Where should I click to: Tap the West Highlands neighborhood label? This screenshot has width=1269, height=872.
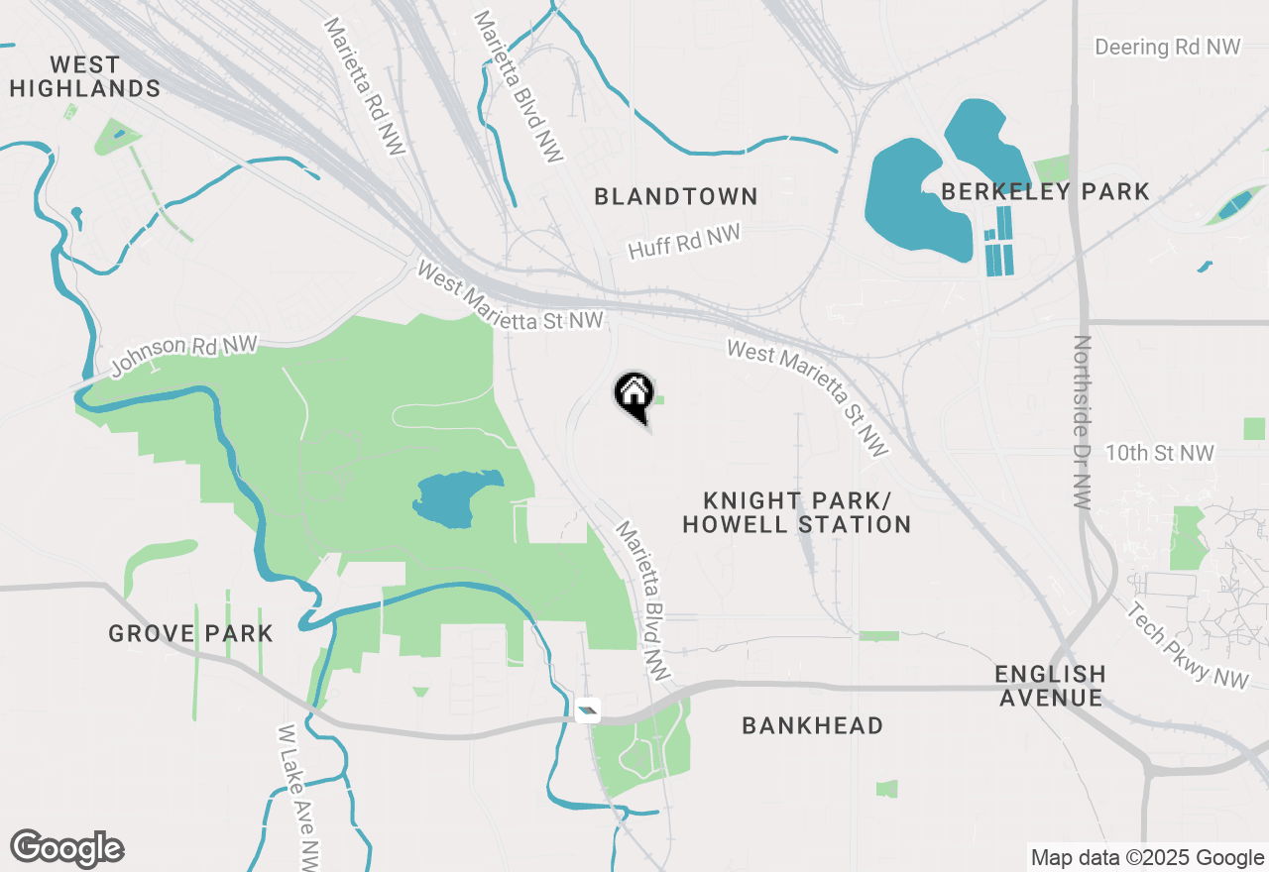coord(85,77)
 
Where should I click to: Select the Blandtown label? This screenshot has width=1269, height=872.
coord(676,197)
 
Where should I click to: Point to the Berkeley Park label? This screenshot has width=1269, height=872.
coord(1045,192)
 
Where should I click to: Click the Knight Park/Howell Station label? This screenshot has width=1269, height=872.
coord(797,512)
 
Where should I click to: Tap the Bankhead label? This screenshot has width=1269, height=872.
coord(812,726)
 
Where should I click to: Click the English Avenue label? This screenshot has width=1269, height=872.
coord(1050,686)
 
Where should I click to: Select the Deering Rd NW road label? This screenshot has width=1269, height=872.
coord(1168,48)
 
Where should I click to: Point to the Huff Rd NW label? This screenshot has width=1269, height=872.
coord(685,241)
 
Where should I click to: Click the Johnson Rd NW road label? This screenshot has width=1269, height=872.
coord(183,356)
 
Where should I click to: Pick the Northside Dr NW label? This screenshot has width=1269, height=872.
coord(1082,422)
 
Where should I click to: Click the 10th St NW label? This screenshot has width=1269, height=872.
coord(1159,453)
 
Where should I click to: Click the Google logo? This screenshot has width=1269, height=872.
coord(66,849)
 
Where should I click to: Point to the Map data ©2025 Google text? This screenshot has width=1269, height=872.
coord(1147,858)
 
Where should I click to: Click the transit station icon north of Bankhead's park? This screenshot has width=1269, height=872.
coord(589,709)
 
